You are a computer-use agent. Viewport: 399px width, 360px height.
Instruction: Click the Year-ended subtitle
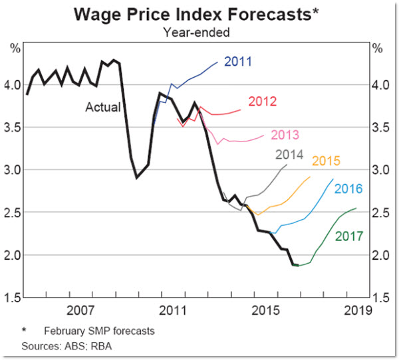click(199, 31)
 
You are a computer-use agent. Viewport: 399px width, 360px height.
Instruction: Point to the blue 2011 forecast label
click(238, 62)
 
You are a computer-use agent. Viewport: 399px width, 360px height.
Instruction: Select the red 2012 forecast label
click(262, 102)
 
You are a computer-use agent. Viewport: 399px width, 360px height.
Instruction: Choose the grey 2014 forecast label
click(289, 155)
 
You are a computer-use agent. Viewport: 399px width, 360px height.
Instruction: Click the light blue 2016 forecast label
click(348, 189)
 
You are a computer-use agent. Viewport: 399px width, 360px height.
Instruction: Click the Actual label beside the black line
click(103, 107)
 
